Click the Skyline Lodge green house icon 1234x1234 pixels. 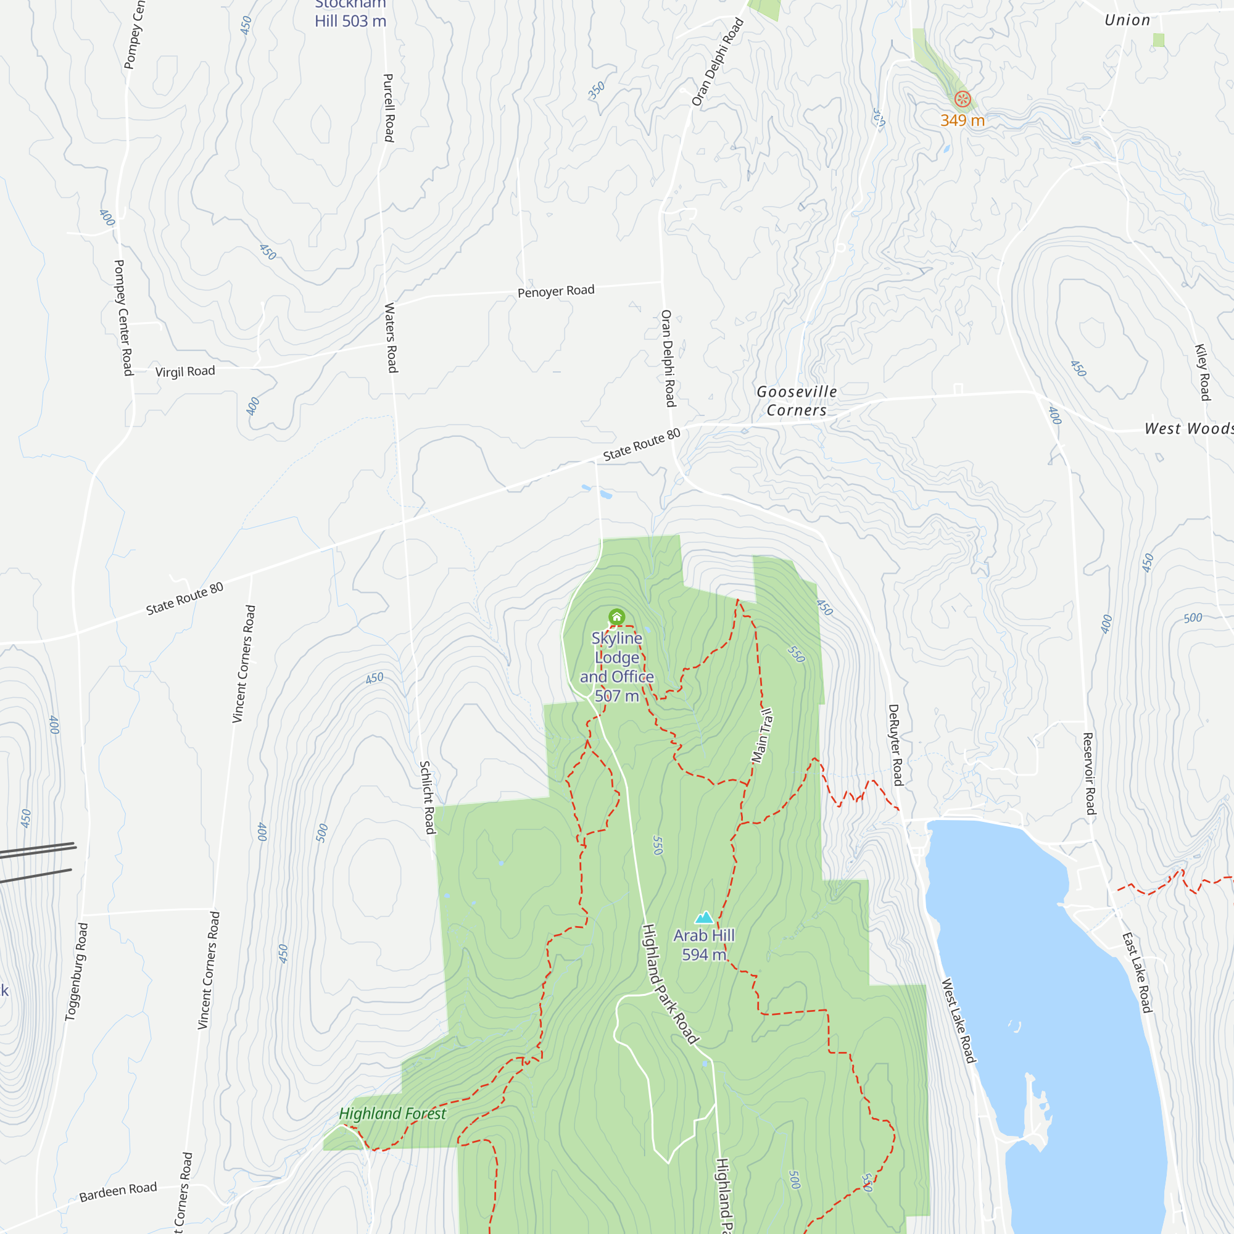[x=616, y=616]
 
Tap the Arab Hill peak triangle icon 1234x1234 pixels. [x=704, y=918]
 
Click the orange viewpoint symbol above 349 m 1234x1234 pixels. [x=963, y=99]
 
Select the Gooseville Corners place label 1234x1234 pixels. [x=797, y=401]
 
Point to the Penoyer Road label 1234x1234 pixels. [x=556, y=291]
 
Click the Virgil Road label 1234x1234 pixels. [x=185, y=371]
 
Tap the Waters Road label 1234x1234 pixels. [x=391, y=338]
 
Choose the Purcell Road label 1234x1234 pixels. [x=388, y=108]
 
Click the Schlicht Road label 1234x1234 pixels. [x=428, y=797]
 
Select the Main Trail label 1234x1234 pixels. [x=763, y=736]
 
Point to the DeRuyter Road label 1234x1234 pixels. [x=895, y=745]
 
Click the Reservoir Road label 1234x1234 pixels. [x=1089, y=774]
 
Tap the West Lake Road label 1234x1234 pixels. [x=959, y=1021]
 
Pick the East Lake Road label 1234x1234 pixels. [x=1138, y=973]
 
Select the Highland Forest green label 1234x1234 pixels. [x=392, y=1114]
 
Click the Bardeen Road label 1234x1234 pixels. [x=118, y=1192]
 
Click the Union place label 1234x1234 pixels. [x=1127, y=20]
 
